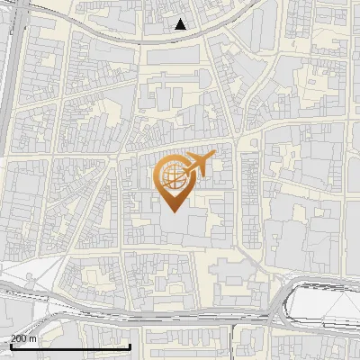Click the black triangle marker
[181, 24]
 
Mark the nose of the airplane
[214, 158]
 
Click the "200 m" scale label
[23, 338]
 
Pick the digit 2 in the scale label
[13, 338]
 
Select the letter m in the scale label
[33, 338]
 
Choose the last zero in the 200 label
[24, 338]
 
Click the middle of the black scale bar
[71, 346]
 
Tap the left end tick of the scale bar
[11, 345]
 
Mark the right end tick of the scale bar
[131, 345]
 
